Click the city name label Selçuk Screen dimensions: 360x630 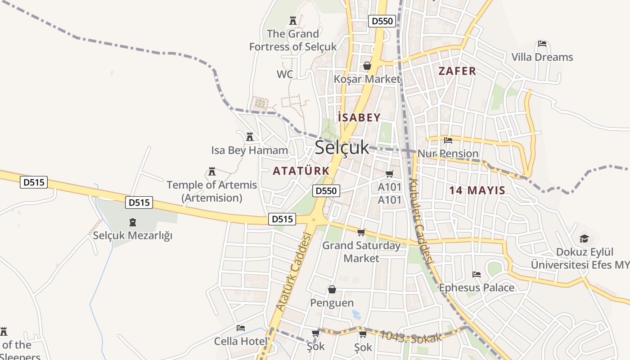click(342, 148)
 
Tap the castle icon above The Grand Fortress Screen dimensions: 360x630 click(293, 20)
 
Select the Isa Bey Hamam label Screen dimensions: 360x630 click(249, 150)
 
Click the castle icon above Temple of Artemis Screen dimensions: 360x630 click(211, 171)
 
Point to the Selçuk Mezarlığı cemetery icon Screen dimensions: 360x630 click(132, 222)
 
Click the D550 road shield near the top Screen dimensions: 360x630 click(382, 21)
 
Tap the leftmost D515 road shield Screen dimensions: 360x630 click(34, 182)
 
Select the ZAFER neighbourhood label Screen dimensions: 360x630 click(457, 71)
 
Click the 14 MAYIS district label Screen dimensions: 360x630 click(477, 190)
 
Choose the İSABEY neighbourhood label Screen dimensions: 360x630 click(359, 117)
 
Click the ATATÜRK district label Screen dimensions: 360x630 click(301, 171)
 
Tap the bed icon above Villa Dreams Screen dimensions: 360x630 click(542, 44)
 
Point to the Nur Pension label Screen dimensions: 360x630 click(448, 153)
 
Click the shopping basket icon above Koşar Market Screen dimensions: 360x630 click(367, 66)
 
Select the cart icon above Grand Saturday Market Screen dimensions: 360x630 click(361, 233)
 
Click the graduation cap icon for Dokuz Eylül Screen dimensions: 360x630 click(584, 238)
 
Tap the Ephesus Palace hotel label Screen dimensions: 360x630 click(476, 288)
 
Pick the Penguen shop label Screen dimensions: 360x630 click(332, 303)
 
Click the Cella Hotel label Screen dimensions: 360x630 click(240, 341)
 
